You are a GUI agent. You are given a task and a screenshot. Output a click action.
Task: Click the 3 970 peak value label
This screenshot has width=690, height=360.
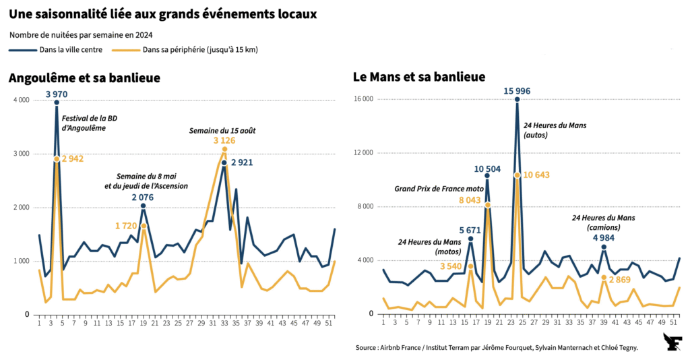[x=57, y=93]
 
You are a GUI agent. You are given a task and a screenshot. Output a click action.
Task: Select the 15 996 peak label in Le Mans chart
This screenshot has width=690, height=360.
[x=516, y=91]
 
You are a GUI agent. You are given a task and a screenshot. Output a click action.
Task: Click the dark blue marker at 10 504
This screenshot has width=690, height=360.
[x=487, y=176]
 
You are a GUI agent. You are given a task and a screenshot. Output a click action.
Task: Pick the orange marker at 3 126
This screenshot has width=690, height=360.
[x=224, y=149]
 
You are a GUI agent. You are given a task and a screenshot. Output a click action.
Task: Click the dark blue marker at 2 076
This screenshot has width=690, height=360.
[x=143, y=206]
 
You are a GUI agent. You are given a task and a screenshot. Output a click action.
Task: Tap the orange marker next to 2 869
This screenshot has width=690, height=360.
[x=604, y=278]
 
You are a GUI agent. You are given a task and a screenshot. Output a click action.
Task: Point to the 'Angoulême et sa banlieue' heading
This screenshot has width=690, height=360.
[x=84, y=78]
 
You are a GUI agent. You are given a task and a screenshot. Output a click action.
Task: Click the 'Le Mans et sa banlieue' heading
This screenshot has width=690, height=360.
[x=419, y=78]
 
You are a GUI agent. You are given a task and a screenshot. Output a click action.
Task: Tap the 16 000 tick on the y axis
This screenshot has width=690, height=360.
[x=364, y=99]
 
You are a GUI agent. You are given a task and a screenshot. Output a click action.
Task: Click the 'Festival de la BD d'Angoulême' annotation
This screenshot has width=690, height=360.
[x=92, y=123]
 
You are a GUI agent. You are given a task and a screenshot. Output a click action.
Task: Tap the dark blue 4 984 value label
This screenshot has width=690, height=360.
[x=604, y=237]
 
